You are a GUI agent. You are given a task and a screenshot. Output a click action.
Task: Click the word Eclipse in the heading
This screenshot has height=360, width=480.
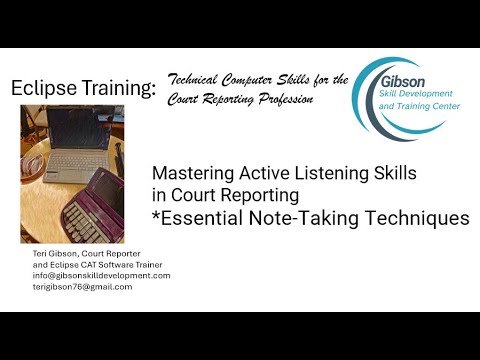44,88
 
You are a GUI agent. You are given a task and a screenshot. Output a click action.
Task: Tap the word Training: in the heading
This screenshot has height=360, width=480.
119,88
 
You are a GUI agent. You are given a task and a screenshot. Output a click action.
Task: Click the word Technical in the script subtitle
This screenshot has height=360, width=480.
192,80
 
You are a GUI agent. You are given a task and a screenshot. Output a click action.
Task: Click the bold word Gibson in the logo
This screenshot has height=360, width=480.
402,82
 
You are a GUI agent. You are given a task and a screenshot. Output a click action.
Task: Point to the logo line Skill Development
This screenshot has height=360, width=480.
416,94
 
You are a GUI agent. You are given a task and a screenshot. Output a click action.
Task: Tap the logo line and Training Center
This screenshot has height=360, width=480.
419,106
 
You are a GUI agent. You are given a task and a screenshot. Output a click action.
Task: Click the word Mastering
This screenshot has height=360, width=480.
193,173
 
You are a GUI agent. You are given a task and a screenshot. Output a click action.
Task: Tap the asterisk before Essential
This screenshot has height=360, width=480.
156,214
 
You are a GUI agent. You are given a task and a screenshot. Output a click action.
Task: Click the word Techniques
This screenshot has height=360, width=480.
417,218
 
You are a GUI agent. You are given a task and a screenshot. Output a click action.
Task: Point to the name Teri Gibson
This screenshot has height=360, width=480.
55,254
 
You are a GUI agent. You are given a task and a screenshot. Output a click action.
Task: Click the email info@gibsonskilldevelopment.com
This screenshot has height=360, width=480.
101,276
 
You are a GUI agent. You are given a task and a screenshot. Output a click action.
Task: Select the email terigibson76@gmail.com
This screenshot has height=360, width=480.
82,287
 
